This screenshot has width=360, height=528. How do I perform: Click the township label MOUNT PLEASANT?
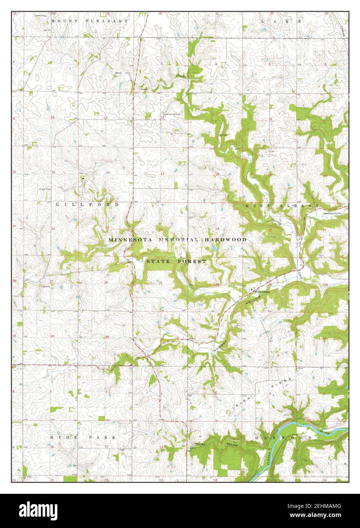[90, 21]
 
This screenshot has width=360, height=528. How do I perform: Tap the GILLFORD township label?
[87, 204]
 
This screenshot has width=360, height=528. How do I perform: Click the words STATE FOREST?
[177, 261]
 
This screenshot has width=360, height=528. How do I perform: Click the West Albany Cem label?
[333, 213]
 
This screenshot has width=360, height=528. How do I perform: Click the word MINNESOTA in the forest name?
[131, 240]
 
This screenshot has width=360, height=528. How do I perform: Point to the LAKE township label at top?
[281, 22]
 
